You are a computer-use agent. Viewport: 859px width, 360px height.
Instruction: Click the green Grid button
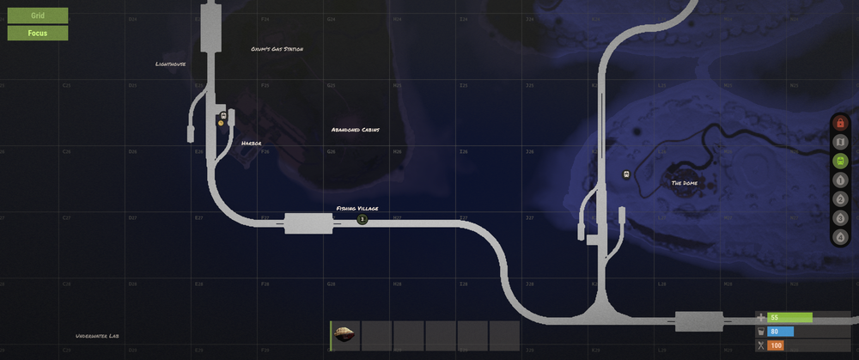coord(38,15)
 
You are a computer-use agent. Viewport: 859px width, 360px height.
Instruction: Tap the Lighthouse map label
coord(170,64)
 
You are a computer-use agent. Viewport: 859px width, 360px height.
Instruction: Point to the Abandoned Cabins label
coord(356,130)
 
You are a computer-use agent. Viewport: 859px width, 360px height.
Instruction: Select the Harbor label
coord(251,143)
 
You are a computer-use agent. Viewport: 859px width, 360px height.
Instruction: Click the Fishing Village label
coord(356,209)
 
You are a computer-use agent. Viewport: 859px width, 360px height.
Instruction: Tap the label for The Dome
coord(684,183)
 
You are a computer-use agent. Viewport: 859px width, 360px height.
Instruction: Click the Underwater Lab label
coord(96,336)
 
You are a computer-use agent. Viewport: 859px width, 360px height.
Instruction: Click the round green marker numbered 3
coord(362,220)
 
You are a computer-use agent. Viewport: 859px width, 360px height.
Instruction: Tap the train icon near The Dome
coord(626,174)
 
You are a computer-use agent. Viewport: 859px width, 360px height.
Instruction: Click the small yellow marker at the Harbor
coord(221,123)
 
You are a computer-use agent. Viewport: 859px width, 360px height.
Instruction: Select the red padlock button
coord(840,124)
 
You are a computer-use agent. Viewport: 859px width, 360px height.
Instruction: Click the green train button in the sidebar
coord(840,161)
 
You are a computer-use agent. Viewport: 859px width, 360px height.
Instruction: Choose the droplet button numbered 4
coord(840,235)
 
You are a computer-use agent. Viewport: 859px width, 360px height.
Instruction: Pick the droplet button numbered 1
coord(840,180)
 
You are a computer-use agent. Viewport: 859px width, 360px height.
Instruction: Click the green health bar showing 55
coord(789,318)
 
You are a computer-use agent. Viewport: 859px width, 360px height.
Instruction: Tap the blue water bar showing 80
coord(781,332)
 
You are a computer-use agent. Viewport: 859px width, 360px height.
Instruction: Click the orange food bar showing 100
coord(776,345)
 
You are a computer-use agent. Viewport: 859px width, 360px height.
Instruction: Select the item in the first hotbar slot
coord(345,335)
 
